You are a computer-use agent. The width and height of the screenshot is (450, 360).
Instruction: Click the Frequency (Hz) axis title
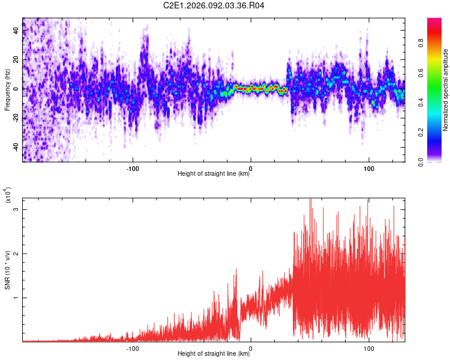(8, 90)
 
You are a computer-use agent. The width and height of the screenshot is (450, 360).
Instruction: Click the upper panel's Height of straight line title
(214, 175)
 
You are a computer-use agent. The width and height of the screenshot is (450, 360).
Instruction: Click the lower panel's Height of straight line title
(214, 355)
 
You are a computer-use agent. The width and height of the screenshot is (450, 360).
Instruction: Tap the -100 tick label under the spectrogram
(133, 168)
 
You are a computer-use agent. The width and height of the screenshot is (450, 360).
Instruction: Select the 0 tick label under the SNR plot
(251, 348)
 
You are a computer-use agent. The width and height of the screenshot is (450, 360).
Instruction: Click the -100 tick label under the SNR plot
(133, 348)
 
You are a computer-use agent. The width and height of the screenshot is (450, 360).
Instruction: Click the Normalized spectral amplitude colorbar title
(445, 90)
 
